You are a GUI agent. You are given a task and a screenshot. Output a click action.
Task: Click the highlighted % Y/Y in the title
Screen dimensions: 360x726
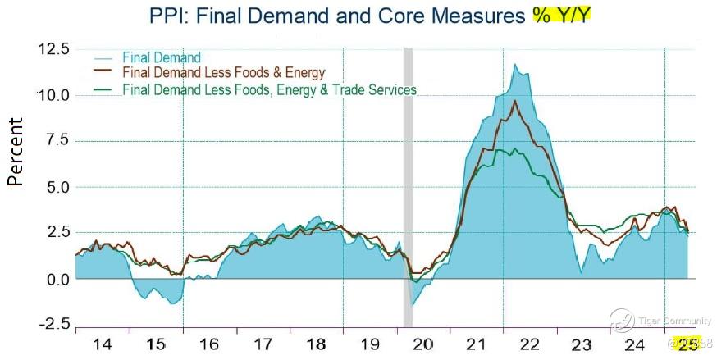[x=557, y=15]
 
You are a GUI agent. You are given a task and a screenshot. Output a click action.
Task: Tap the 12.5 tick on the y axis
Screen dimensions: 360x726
[x=53, y=50]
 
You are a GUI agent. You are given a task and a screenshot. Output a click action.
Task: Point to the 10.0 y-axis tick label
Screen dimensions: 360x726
[x=53, y=95]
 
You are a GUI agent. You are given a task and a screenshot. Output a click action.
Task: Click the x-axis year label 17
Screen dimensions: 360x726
[x=263, y=344]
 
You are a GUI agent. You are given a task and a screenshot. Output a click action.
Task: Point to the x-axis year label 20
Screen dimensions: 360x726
[x=422, y=344]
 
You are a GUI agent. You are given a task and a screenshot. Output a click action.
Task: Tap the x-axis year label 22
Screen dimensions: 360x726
[x=529, y=344]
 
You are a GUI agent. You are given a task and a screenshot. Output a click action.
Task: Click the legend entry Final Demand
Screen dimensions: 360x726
[x=161, y=57]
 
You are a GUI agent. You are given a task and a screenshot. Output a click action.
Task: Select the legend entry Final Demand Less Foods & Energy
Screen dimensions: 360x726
[x=223, y=73]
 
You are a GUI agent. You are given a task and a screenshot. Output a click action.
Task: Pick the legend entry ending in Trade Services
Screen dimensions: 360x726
[x=268, y=89]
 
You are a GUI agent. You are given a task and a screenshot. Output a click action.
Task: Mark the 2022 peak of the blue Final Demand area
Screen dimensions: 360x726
[x=515, y=65]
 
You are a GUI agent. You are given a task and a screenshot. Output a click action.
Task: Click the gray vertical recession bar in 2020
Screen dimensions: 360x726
[x=408, y=189]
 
